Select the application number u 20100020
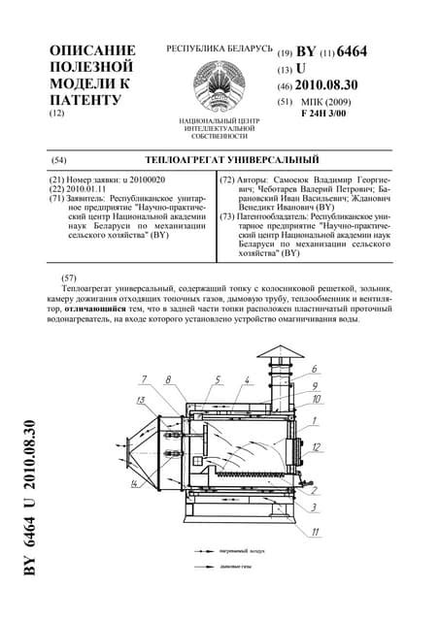142,180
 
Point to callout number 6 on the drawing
314,370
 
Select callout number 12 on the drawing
316,447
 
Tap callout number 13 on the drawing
142,400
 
